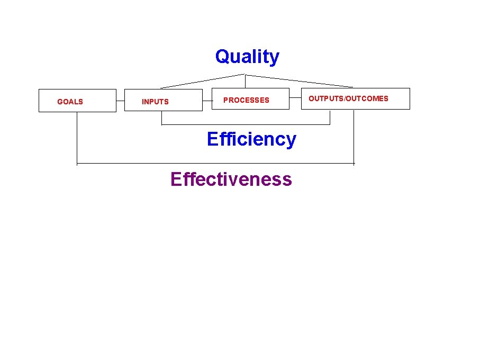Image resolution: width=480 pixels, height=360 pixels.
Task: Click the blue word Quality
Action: click(x=247, y=57)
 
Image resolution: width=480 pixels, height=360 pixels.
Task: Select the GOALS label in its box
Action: click(x=70, y=102)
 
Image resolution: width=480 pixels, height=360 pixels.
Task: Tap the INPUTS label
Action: click(x=155, y=102)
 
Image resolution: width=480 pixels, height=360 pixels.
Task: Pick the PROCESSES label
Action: click(x=246, y=100)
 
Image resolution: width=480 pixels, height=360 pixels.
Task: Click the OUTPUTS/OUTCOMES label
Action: click(x=348, y=98)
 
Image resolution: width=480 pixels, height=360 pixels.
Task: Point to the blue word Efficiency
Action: click(x=251, y=139)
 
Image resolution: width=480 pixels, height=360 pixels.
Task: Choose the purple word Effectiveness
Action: click(x=231, y=179)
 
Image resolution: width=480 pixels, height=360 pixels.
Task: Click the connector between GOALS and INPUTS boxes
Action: click(x=120, y=100)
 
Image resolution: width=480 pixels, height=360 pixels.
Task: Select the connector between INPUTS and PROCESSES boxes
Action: click(x=207, y=99)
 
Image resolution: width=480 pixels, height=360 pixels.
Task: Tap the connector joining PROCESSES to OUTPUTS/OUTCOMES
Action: click(x=295, y=98)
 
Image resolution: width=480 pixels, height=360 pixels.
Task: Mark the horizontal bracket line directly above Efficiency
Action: click(x=246, y=124)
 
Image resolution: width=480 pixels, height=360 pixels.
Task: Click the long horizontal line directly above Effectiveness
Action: click(x=215, y=164)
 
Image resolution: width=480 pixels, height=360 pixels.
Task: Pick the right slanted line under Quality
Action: click(x=299, y=81)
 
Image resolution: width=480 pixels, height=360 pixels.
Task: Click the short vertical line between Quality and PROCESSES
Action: click(x=245, y=80)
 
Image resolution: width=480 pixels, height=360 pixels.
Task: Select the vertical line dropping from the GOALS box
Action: click(x=77, y=138)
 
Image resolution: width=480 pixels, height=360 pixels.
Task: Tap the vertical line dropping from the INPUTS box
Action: click(x=161, y=118)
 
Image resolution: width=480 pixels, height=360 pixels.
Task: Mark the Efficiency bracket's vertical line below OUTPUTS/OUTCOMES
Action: click(x=330, y=117)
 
